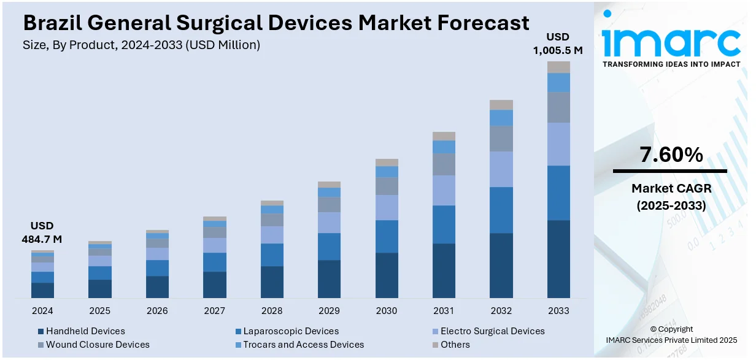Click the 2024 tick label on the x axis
coord(42,311)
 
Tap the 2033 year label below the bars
coord(558,311)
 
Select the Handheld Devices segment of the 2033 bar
coord(558,259)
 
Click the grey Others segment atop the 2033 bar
coord(558,67)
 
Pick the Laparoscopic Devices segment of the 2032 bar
coord(501,210)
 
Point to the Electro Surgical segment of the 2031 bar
coord(444,190)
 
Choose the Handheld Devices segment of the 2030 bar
coord(387,275)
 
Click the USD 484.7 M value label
coord(42,232)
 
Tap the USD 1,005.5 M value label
coord(558,44)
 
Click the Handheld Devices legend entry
coord(85,331)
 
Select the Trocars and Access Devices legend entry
coord(303,345)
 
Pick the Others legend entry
coord(455,345)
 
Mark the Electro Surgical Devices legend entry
coord(492,331)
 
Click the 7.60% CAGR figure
coord(671,155)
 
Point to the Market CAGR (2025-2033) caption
coord(670,197)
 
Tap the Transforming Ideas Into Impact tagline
coord(671,64)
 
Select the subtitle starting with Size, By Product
coord(141,45)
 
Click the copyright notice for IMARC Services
coord(671,334)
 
